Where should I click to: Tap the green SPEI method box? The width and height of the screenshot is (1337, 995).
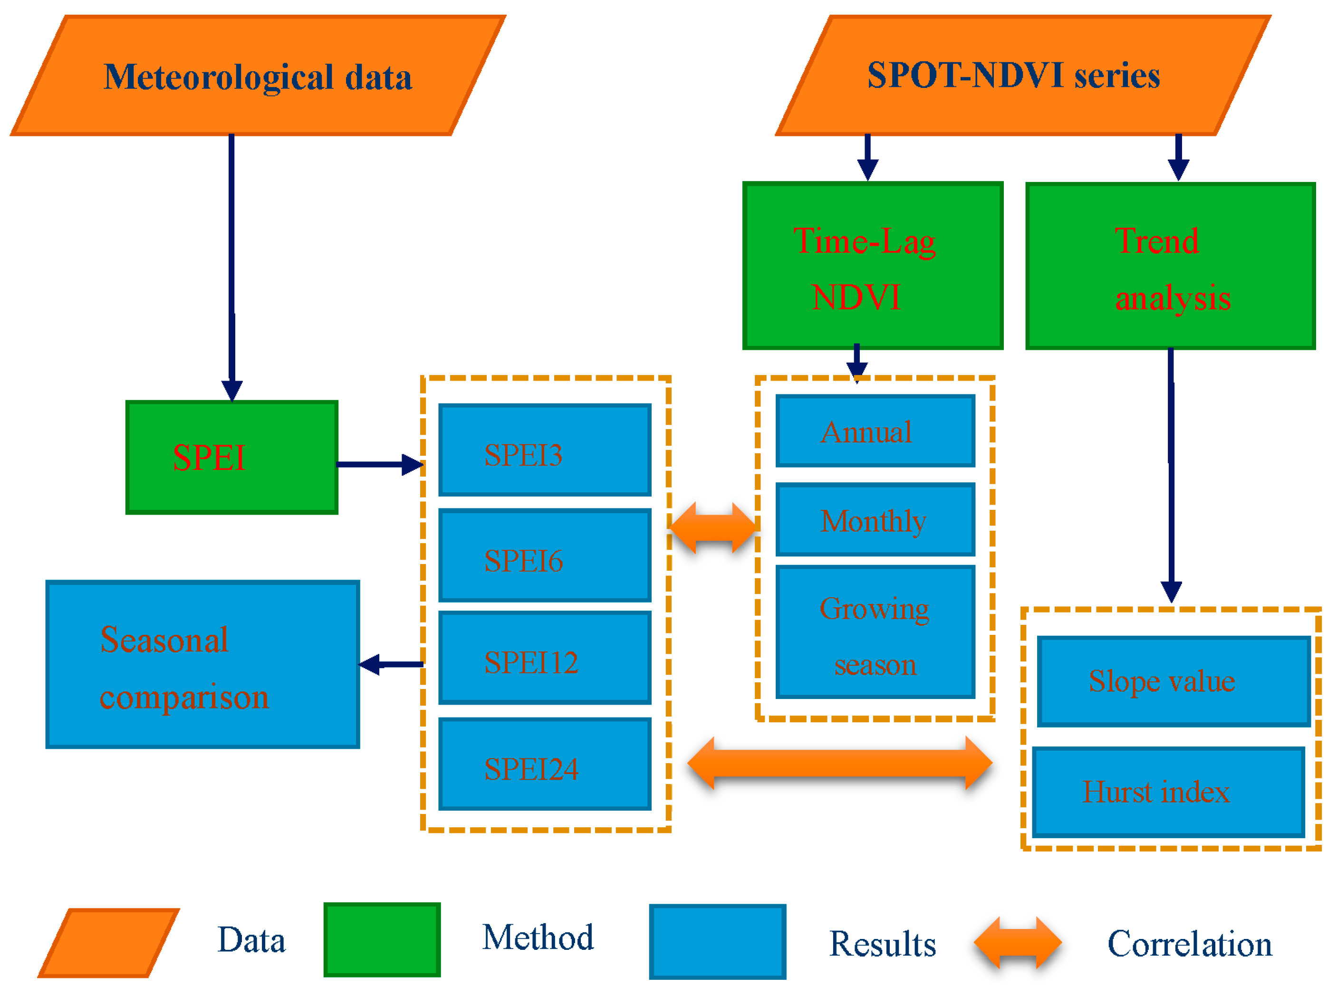pyautogui.click(x=231, y=457)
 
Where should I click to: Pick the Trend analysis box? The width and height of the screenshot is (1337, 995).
pyautogui.click(x=1170, y=265)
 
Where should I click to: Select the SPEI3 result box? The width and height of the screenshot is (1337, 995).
pyautogui.click(x=544, y=450)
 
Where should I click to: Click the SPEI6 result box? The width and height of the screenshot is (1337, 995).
pyautogui.click(x=544, y=555)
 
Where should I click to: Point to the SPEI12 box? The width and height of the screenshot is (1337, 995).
pyautogui.click(x=544, y=657)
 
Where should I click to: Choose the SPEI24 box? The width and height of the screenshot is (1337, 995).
pyautogui.click(x=544, y=763)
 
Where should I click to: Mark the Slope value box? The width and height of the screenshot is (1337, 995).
pyautogui.click(x=1173, y=681)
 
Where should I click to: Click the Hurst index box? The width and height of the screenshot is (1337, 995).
pyautogui.click(x=1168, y=792)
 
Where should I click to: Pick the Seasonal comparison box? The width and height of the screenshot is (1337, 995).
pyautogui.click(x=202, y=664)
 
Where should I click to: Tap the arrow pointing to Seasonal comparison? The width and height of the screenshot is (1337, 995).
pyautogui.click(x=392, y=664)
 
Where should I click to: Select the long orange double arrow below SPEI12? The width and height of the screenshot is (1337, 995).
pyautogui.click(x=839, y=763)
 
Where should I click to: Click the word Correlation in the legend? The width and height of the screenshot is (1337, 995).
pyautogui.click(x=1189, y=943)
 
